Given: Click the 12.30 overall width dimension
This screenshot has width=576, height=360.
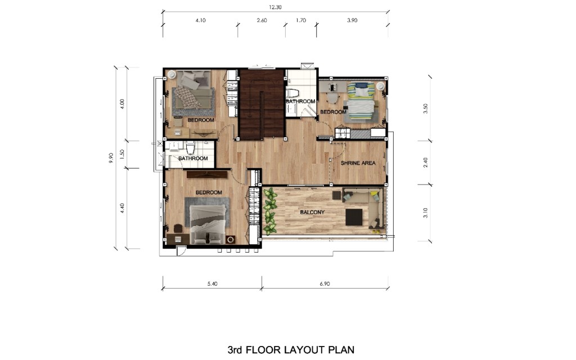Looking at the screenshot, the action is pos(274,7).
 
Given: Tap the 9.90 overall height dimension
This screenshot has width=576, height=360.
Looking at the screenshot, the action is pos(111,157).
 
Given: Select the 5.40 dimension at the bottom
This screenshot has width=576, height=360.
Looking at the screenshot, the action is pos(212,283).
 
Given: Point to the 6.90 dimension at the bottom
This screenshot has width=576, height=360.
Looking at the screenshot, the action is pos(325,283).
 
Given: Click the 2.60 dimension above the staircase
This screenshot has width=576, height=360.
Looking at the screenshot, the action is pos(262,20).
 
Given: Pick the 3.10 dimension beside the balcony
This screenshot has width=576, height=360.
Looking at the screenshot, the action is pos(425,213).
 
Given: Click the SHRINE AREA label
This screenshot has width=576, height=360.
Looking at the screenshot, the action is pos(358,163).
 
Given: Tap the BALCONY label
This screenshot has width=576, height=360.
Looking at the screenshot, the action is pos(312,212).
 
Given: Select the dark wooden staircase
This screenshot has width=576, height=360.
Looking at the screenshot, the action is pos(262,103).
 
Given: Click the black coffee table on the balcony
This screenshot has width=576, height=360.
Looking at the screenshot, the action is pos(354,217).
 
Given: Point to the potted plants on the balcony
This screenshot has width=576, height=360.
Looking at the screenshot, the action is pos(271,211).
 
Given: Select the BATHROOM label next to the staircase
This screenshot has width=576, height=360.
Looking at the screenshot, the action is pos(300,101).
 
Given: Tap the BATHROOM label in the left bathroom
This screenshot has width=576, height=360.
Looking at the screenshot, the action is pos(193,158).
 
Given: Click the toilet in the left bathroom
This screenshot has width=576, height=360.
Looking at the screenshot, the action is pos(190,148).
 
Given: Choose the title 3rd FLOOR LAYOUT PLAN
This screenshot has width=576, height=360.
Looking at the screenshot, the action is pos(291,349).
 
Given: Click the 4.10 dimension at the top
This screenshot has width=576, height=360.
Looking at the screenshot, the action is pos(201,20).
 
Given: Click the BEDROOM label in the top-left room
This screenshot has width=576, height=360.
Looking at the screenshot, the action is pos(201,120).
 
